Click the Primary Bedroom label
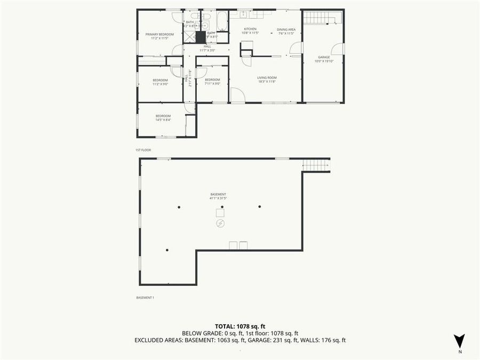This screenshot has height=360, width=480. pos(160,34)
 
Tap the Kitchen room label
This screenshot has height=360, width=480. pos(250,29)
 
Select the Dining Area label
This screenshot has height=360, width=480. pos(286,29)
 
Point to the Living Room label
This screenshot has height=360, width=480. pos(267,77)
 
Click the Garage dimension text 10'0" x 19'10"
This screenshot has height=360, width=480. pos(324,61)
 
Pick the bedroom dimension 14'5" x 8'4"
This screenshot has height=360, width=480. pos(163,120)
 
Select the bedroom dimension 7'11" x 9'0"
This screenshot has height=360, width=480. pos(212,84)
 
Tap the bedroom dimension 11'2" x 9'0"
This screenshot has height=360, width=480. pos(160,84)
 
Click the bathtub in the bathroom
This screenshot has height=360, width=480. pos(222,21)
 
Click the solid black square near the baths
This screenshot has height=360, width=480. pos(201,38)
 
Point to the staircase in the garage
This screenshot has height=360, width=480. pos(318,18)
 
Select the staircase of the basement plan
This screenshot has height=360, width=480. pos(316,165)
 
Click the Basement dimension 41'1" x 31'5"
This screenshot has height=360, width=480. pos(218,198)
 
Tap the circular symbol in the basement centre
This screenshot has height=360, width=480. pos(220,224)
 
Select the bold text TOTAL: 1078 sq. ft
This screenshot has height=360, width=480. pos(240,326)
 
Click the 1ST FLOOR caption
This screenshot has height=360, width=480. pos(143,150)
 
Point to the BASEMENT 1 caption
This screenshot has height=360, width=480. pos(145,298)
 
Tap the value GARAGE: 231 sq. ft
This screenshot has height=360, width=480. pos(293,340)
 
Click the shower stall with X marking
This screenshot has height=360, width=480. pos(190,36)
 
